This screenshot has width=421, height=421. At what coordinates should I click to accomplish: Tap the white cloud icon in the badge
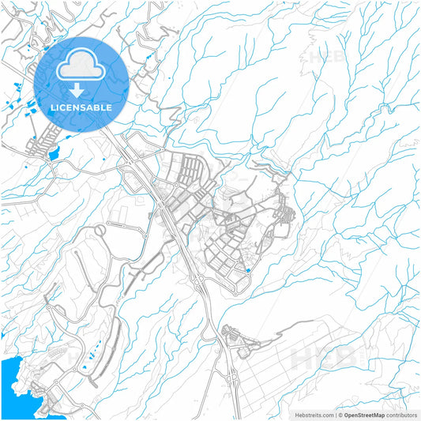(x=82, y=66)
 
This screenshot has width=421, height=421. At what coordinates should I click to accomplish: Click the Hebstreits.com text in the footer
(x=314, y=414)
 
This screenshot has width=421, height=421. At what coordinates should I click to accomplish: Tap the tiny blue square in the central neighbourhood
(x=248, y=271)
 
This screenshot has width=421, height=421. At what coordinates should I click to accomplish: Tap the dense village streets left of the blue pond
(x=38, y=146)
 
